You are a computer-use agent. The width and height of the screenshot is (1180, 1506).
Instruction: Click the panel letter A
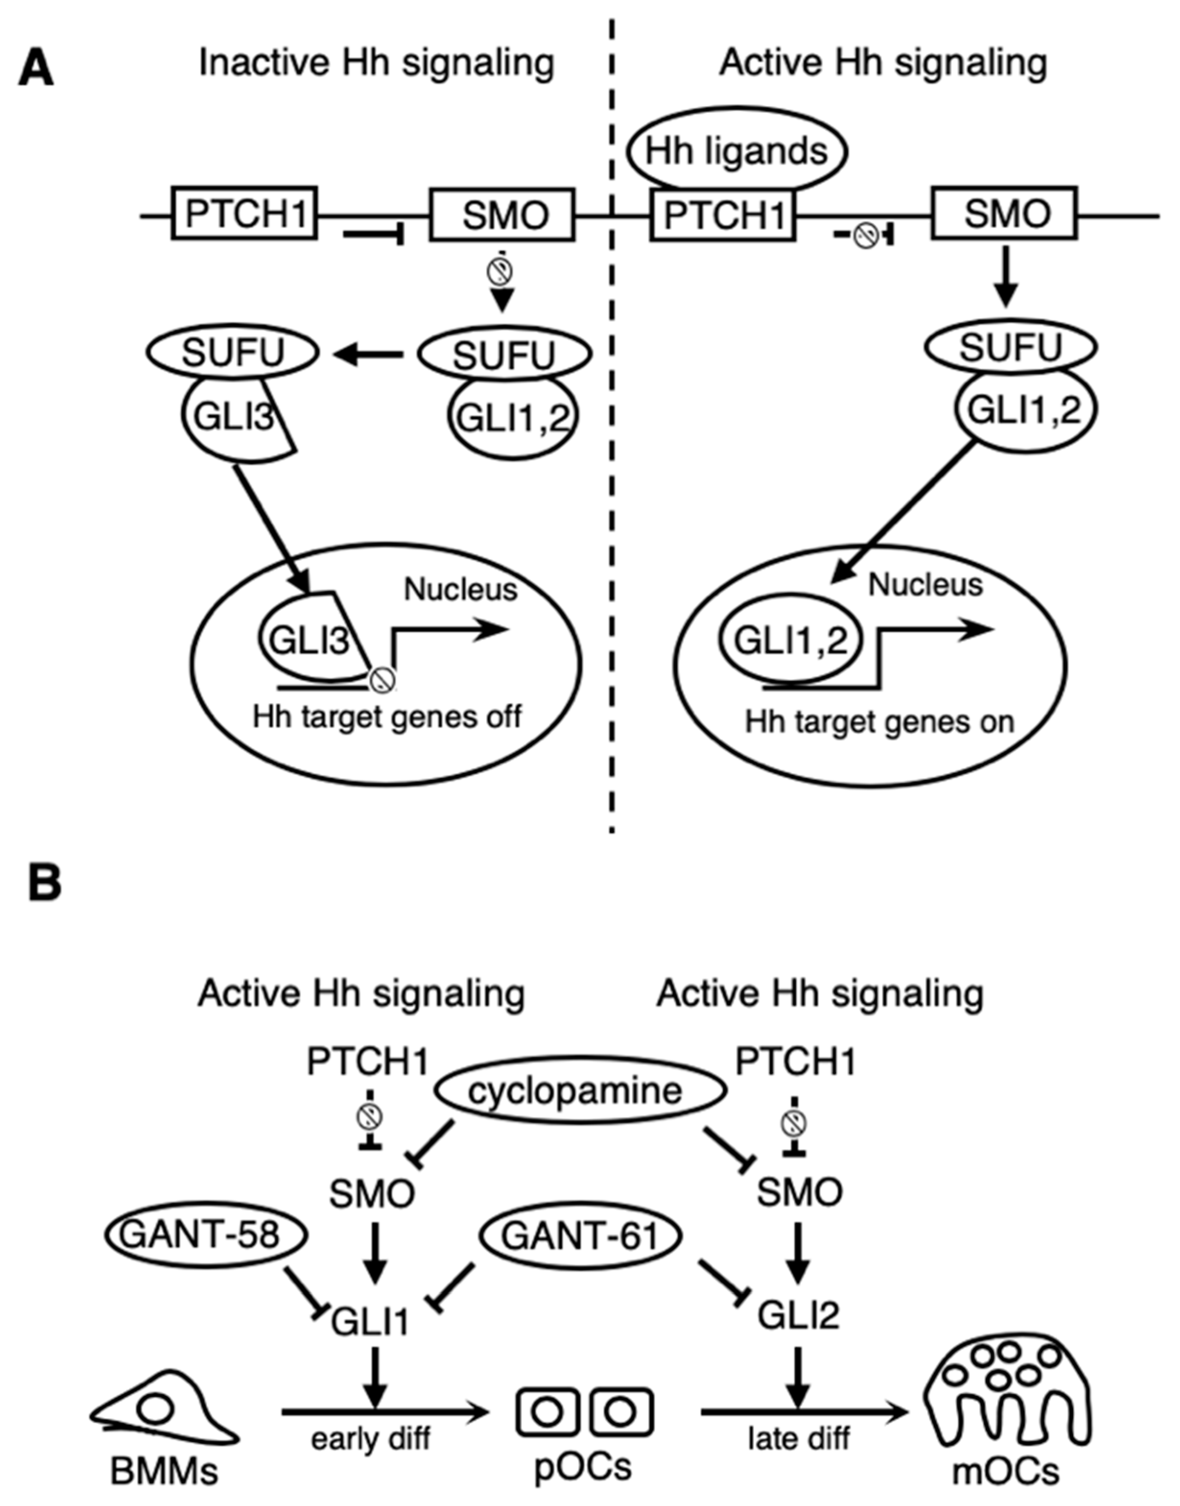coord(36,69)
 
